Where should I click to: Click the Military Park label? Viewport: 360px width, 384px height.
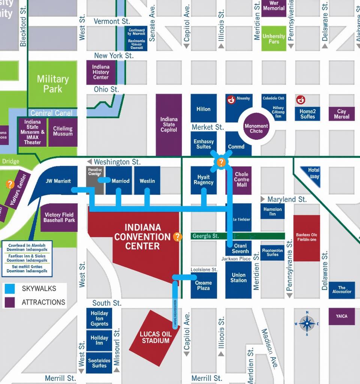(x=53, y=84)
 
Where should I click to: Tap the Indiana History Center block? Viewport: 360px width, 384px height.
(x=100, y=72)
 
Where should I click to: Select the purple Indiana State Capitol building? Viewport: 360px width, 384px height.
(x=169, y=124)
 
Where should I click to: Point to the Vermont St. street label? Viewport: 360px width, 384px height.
(x=112, y=21)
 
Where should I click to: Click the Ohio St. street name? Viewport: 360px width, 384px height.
(x=106, y=89)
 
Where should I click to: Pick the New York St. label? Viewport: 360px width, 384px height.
(x=114, y=55)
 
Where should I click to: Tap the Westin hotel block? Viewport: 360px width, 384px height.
(x=147, y=181)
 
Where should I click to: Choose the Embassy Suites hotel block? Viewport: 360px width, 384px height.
(x=204, y=144)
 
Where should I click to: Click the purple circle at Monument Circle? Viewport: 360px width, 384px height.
(x=256, y=129)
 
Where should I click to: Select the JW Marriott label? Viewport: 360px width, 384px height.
(x=58, y=181)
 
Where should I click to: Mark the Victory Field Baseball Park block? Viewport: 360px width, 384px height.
(x=59, y=217)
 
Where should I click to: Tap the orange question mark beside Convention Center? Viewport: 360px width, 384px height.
(x=178, y=237)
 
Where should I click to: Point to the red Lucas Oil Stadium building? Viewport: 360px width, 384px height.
(x=154, y=337)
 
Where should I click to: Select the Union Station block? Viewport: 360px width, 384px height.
(x=238, y=278)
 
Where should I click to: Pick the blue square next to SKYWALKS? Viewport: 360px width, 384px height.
(x=9, y=288)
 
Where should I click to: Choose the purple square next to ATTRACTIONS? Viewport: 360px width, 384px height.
(x=9, y=302)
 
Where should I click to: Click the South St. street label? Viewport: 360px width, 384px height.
(x=106, y=303)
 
